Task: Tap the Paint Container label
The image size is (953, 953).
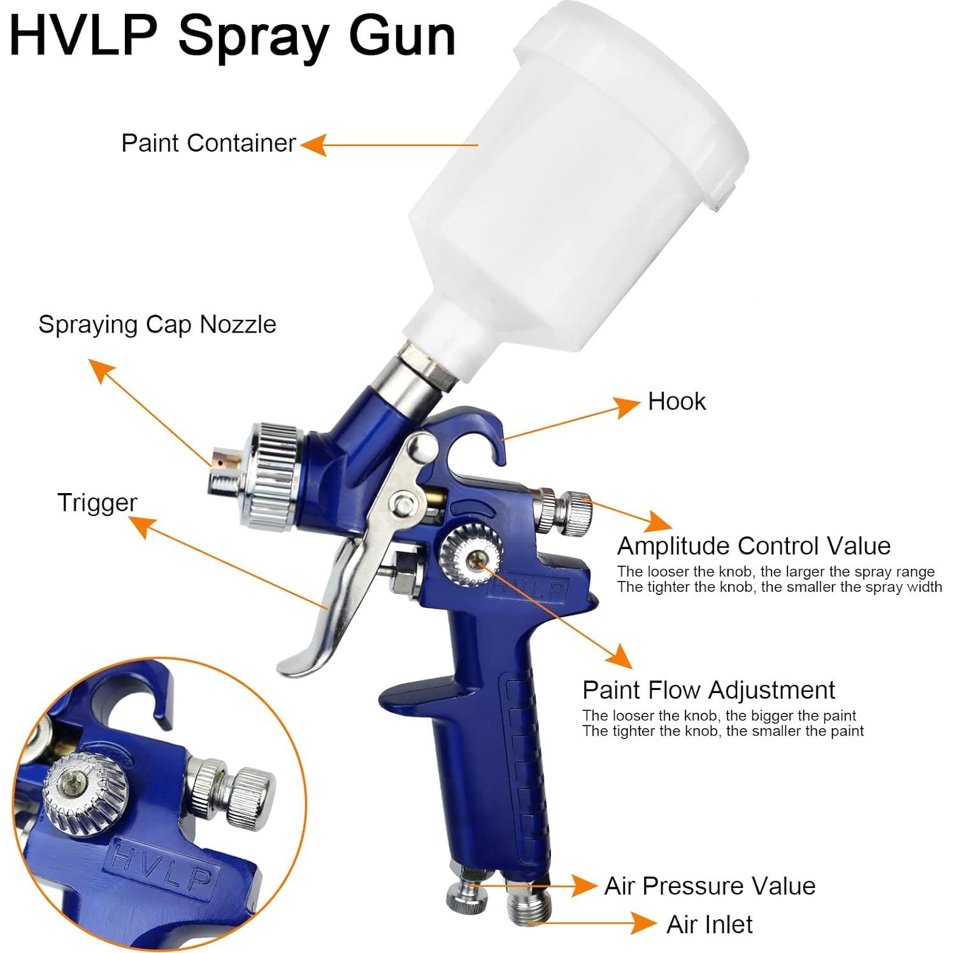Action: (208, 143)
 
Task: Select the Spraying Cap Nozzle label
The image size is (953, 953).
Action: (157, 324)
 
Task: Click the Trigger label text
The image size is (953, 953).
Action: (97, 503)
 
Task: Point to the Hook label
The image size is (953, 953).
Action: (677, 401)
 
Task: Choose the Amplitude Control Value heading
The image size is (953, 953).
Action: (754, 546)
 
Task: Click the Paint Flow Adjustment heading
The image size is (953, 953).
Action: (708, 690)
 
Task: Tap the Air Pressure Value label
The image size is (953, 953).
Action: (710, 885)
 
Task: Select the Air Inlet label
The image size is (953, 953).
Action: (709, 924)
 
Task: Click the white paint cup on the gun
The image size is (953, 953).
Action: (573, 178)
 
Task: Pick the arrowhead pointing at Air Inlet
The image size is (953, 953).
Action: (643, 922)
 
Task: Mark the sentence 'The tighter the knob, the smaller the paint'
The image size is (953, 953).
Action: (722, 731)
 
